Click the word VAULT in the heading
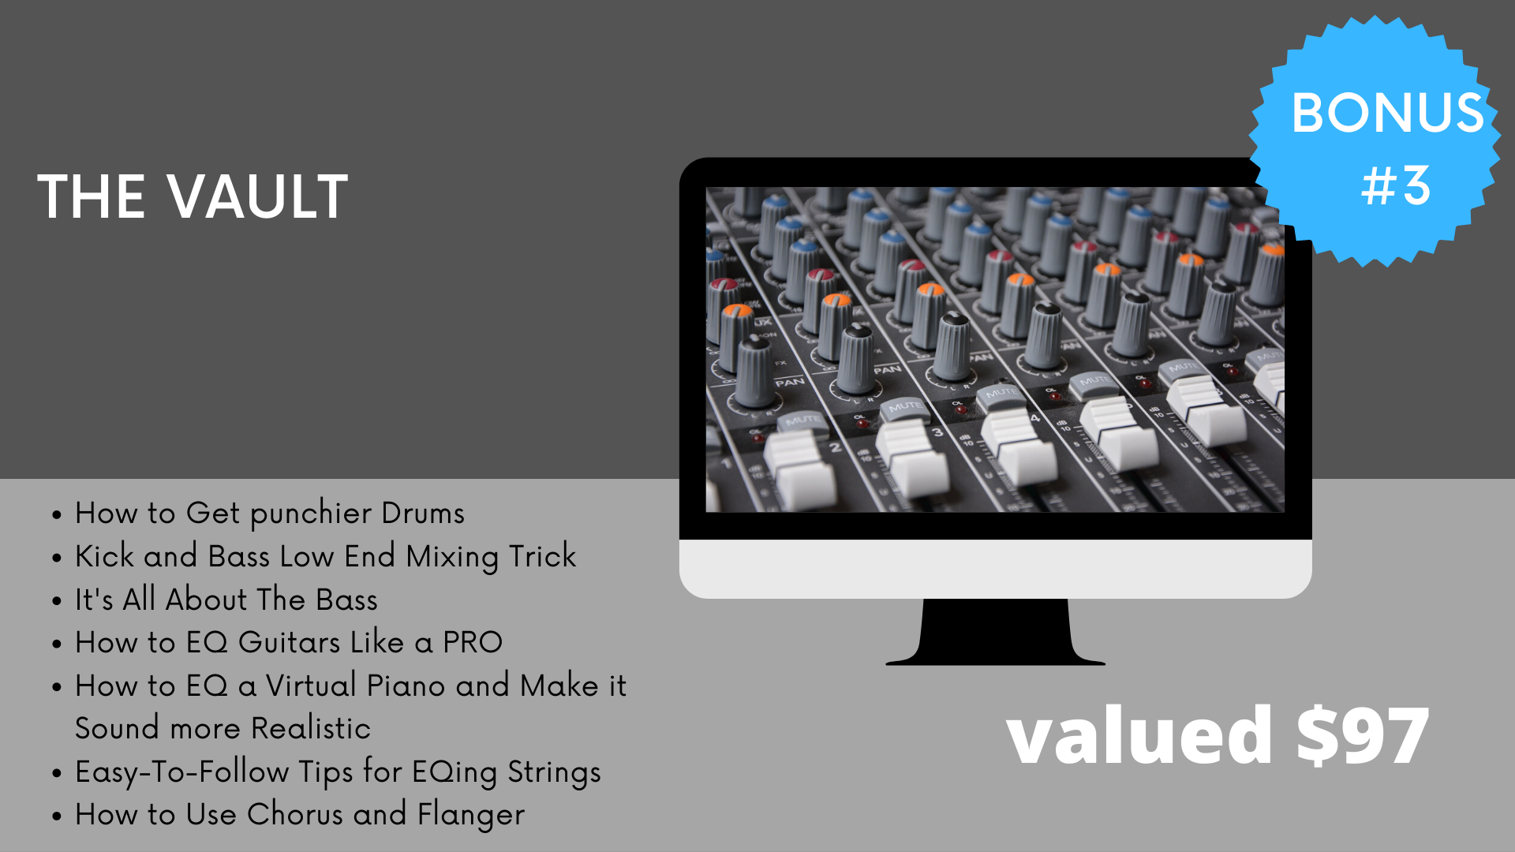(x=258, y=196)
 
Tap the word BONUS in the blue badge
(x=1387, y=113)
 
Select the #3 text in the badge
(x=1396, y=186)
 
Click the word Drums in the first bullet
(x=423, y=514)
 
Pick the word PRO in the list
(x=473, y=642)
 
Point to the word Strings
(x=554, y=772)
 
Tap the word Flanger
(x=471, y=815)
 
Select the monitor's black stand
(x=996, y=632)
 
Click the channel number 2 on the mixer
(x=836, y=447)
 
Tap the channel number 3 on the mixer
(x=937, y=432)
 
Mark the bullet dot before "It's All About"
(x=57, y=601)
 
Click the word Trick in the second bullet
(x=543, y=556)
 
